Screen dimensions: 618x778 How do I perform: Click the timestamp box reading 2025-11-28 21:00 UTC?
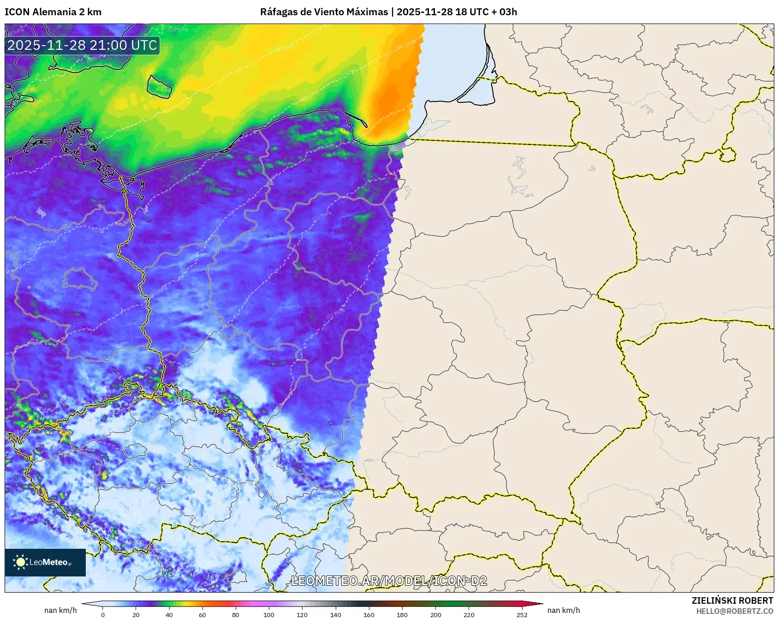(82, 45)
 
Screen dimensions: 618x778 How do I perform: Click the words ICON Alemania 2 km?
(53, 12)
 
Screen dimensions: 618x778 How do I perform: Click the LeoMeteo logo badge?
(45, 562)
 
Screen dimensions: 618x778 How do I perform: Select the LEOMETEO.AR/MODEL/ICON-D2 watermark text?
(389, 581)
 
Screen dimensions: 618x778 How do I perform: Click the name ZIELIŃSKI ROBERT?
(732, 600)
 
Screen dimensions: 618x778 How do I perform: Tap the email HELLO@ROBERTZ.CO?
(734, 611)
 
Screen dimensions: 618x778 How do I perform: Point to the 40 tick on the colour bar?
(169, 614)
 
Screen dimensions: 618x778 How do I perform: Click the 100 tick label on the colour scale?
(269, 614)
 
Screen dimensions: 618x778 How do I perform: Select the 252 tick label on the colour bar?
(522, 614)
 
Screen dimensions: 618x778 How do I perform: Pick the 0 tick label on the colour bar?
(103, 614)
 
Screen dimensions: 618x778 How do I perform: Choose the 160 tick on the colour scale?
(369, 614)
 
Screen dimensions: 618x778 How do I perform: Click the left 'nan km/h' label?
(60, 610)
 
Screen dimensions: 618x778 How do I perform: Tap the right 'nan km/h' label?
(564, 610)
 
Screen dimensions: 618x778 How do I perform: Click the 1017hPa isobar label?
(322, 216)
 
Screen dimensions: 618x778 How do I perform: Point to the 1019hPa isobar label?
(335, 314)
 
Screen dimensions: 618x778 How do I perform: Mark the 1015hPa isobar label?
(159, 292)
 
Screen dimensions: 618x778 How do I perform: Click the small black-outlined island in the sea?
(160, 86)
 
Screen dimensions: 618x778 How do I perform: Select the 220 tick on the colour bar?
(469, 614)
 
